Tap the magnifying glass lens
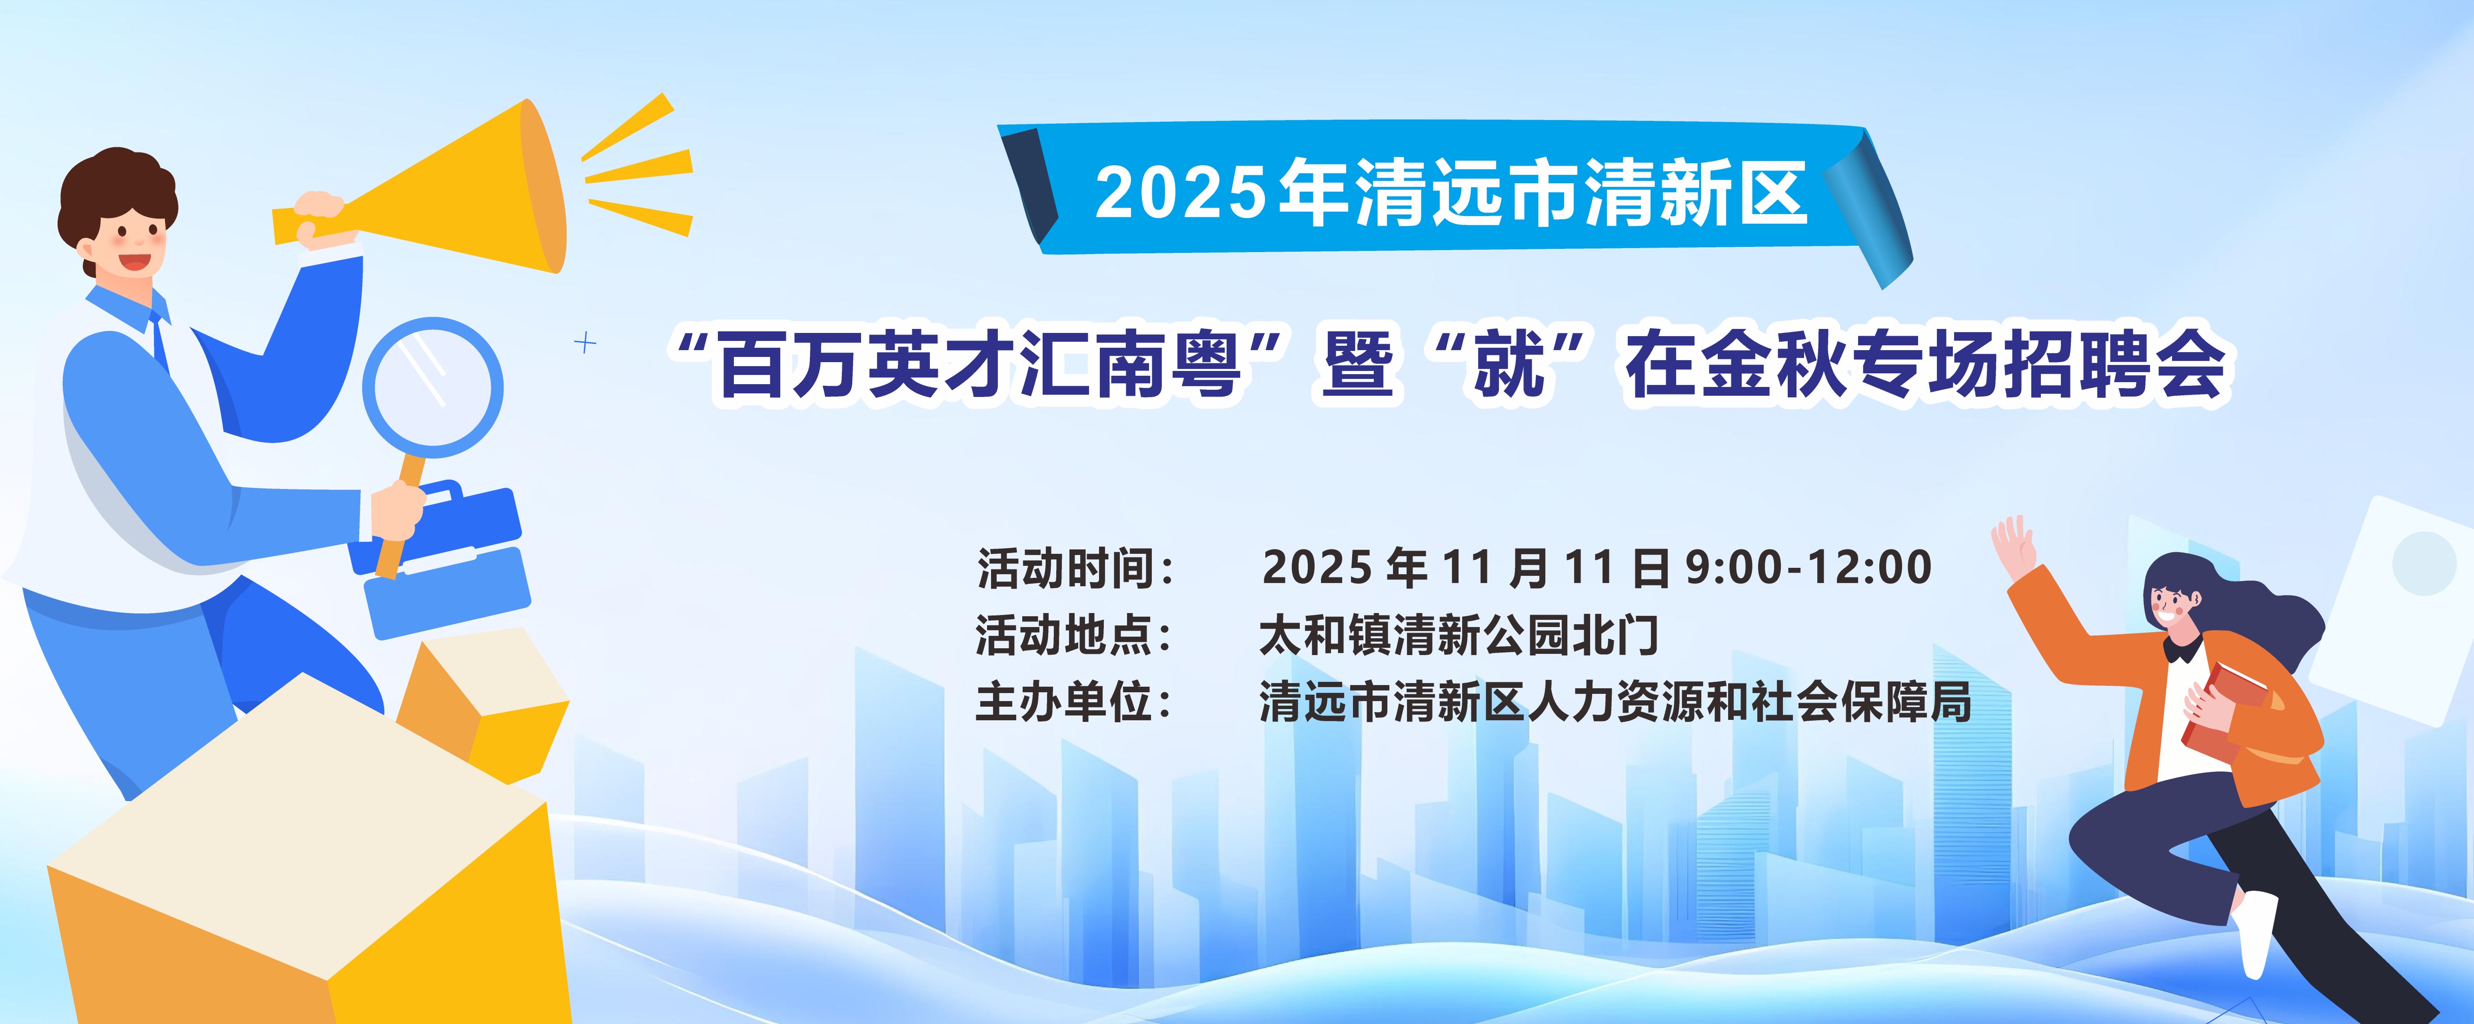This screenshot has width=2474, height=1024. coord(433,387)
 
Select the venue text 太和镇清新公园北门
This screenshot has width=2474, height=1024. coord(1460,635)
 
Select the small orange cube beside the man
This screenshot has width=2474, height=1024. coord(482,706)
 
